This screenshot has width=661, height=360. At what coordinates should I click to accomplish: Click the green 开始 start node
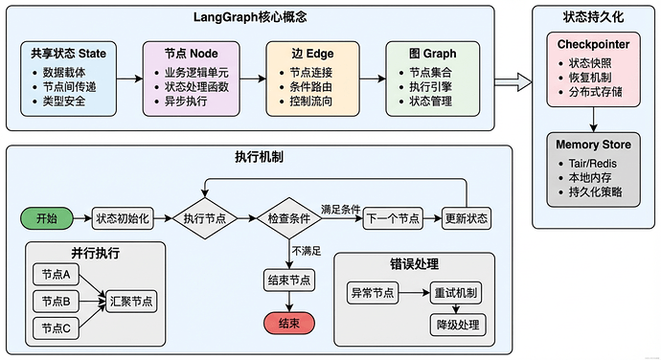tap(46, 219)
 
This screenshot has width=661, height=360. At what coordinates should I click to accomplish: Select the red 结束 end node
tap(290, 324)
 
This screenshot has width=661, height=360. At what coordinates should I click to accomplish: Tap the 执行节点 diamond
tap(204, 219)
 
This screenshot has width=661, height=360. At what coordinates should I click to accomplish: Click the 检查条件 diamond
tap(290, 219)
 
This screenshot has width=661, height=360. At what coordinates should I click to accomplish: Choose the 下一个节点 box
tap(394, 219)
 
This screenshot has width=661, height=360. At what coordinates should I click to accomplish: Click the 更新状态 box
tap(466, 219)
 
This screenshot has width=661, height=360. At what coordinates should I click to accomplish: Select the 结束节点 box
tap(290, 280)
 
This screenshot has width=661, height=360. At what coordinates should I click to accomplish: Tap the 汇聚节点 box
tap(132, 301)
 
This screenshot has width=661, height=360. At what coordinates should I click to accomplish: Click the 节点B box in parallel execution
tap(56, 301)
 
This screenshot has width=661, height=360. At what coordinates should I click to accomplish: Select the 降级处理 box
tap(458, 326)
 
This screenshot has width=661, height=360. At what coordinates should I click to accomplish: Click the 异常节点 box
tap(372, 293)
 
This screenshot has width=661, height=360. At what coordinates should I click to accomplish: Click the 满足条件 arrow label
tap(341, 210)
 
